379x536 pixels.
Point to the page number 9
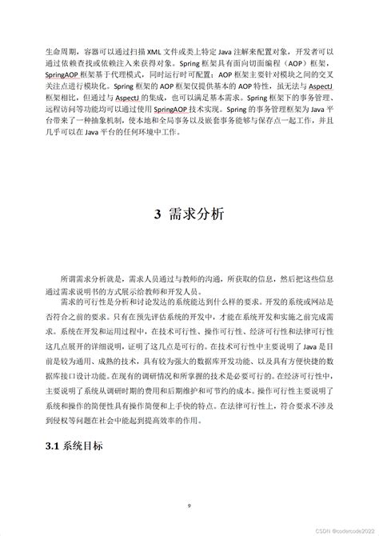(x=189, y=506)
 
